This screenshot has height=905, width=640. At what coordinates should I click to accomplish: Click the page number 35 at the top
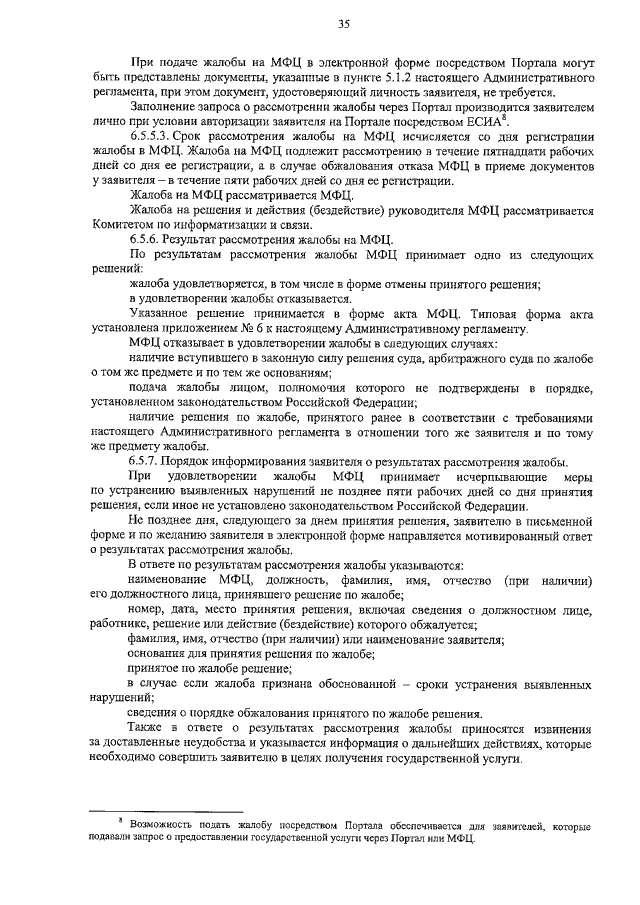[343, 25]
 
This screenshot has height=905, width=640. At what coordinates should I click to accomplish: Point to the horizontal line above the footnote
[166, 811]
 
